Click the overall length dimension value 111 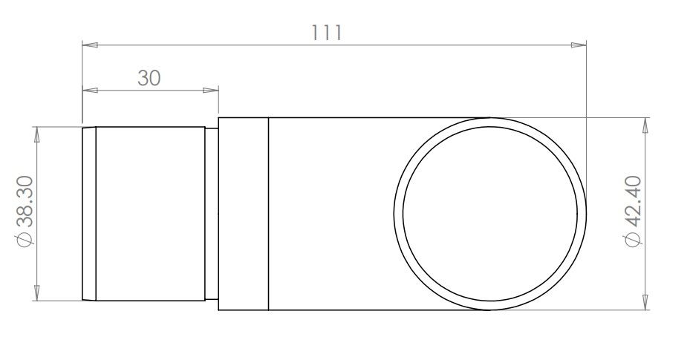tap(327, 33)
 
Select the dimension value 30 tap(149, 78)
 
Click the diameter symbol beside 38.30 tap(24, 240)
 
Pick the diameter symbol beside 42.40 tap(634, 239)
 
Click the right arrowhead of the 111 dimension tap(579, 45)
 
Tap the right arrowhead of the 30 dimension tap(212, 91)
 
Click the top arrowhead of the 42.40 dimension tap(645, 125)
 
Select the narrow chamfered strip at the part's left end tap(88, 214)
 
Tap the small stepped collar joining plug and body tap(212, 214)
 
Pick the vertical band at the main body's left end tap(243, 214)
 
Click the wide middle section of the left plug tap(150, 214)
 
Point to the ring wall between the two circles tap(398, 214)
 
